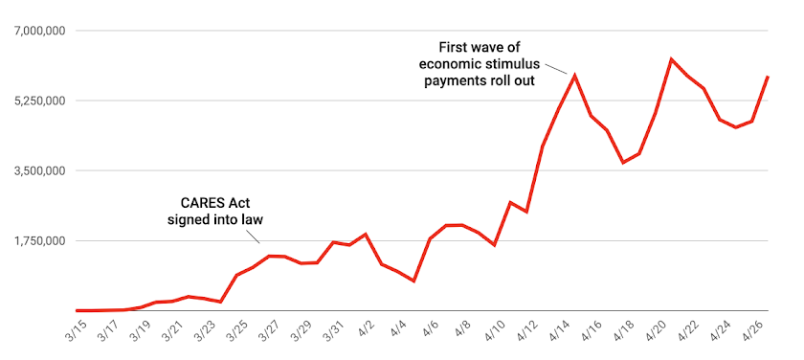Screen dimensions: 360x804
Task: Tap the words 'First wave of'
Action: pyautogui.click(x=479, y=47)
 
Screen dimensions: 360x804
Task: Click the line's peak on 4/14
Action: pyautogui.click(x=574, y=74)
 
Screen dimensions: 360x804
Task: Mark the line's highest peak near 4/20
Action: pyautogui.click(x=671, y=59)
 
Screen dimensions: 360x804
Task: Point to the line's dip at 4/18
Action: pyautogui.click(x=623, y=163)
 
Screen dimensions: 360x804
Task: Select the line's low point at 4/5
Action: pyautogui.click(x=413, y=281)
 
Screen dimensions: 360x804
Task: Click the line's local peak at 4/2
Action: pyautogui.click(x=366, y=234)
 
